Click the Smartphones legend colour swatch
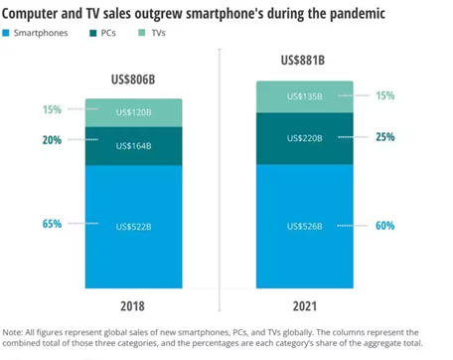8,33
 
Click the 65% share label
53,225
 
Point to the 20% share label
53,140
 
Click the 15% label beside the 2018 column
53,110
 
